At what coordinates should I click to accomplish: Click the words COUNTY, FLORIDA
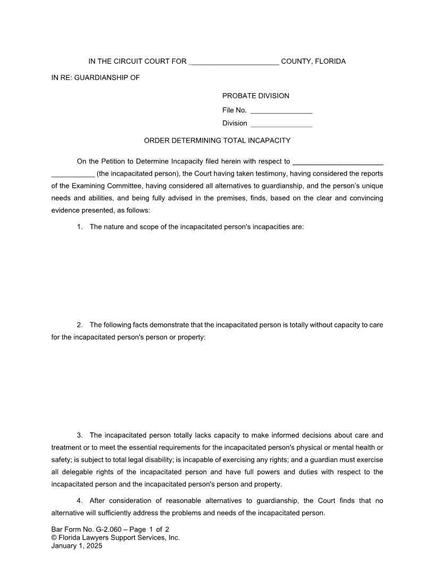(x=313, y=62)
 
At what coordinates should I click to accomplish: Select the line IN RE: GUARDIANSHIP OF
(x=95, y=78)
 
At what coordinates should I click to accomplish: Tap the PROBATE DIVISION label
(x=255, y=96)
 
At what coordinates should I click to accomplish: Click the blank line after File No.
(x=281, y=111)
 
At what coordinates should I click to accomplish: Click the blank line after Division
(x=281, y=123)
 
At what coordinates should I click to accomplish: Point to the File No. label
(x=234, y=110)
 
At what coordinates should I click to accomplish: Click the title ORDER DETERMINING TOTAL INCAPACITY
(x=217, y=140)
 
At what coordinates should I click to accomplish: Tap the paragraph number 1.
(x=79, y=227)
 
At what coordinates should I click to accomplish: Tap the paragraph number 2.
(x=79, y=325)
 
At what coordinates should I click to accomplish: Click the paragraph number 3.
(x=79, y=435)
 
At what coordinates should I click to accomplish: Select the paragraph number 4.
(x=79, y=501)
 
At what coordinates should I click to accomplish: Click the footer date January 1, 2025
(x=77, y=546)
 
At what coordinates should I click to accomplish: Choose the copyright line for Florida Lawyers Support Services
(x=115, y=538)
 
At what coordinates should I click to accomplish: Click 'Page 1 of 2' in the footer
(x=149, y=530)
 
